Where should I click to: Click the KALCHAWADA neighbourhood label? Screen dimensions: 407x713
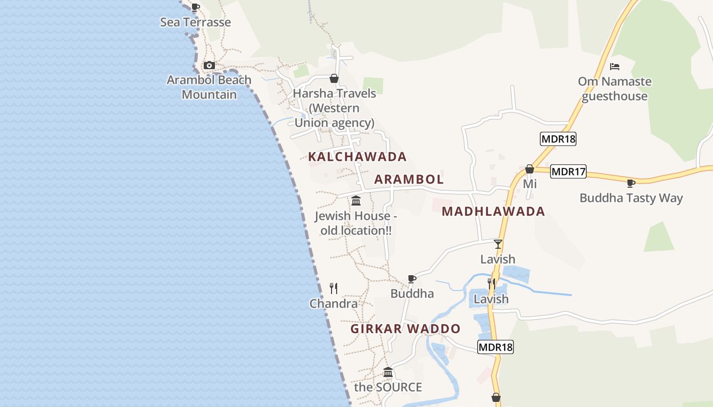[357, 157]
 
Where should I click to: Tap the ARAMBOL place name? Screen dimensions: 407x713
[409, 179]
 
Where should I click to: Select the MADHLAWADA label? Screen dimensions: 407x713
[493, 212]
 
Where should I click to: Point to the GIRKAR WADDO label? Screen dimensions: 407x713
[405, 329]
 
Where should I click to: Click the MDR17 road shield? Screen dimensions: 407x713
[568, 172]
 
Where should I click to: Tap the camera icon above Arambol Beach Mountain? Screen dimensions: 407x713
[209, 66]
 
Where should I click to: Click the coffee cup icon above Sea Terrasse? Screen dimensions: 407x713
[195, 8]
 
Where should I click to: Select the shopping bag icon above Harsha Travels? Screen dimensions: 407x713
[334, 78]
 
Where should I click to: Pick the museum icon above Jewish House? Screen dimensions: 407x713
[356, 200]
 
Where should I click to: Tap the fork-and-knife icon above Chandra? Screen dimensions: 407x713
[334, 288]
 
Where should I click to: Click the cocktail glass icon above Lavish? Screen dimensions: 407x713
[498, 244]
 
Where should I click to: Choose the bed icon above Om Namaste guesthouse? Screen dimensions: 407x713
[615, 67]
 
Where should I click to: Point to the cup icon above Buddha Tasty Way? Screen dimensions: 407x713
[631, 183]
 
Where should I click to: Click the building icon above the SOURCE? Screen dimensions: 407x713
[388, 372]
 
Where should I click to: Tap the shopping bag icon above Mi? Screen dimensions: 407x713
[530, 169]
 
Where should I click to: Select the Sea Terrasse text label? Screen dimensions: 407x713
[196, 22]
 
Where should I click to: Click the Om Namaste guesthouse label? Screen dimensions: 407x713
[615, 89]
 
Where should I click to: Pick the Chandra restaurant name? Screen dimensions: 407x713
[334, 304]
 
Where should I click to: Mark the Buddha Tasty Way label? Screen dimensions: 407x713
[631, 198]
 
